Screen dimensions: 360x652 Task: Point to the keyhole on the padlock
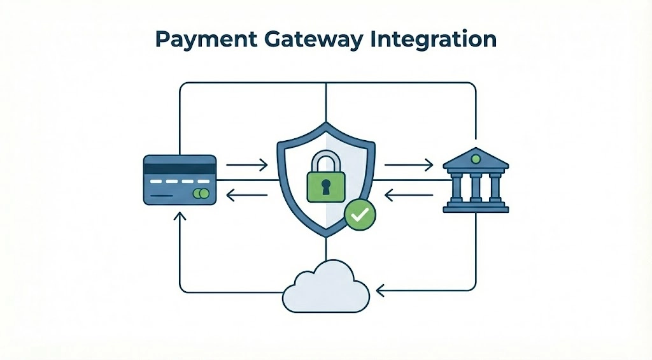(x=326, y=187)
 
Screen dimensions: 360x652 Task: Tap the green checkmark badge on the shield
(x=360, y=215)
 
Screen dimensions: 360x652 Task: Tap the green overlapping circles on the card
(x=201, y=193)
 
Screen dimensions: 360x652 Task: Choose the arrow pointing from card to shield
(x=246, y=166)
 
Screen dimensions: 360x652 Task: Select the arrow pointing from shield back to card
(x=246, y=196)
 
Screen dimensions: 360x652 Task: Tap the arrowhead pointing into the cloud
(x=380, y=290)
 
